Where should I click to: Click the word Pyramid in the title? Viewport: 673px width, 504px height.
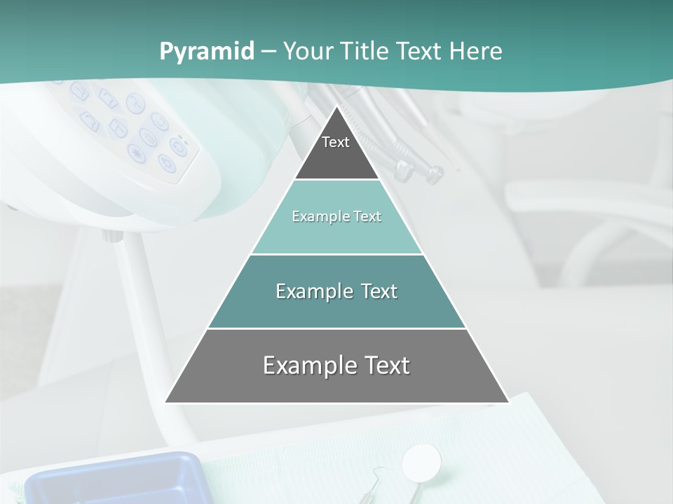[206, 52]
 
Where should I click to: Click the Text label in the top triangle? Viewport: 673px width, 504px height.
[336, 142]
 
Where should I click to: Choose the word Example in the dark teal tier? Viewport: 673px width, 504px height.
[311, 291]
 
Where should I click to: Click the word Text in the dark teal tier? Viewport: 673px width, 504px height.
[379, 291]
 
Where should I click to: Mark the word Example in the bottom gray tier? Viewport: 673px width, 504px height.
[305, 365]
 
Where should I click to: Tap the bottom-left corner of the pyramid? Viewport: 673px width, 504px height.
[166, 402]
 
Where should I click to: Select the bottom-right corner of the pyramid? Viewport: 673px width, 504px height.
[508, 402]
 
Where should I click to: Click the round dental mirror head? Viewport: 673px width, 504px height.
[421, 461]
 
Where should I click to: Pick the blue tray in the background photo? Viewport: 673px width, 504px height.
[112, 479]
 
